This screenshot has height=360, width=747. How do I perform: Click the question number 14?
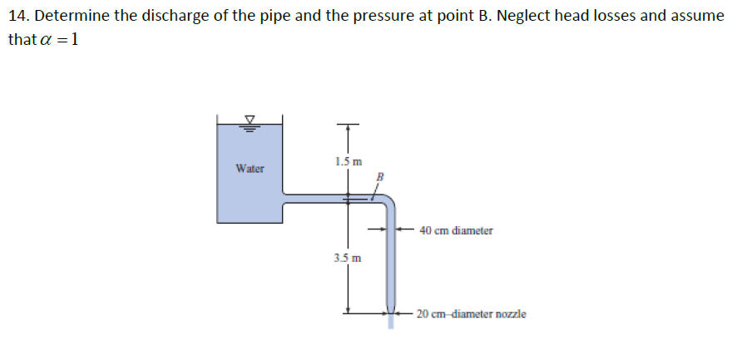(18, 17)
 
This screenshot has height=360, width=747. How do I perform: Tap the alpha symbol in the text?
(42, 40)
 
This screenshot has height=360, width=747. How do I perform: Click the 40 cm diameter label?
(456, 230)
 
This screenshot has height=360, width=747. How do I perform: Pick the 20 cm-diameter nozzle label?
(471, 314)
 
